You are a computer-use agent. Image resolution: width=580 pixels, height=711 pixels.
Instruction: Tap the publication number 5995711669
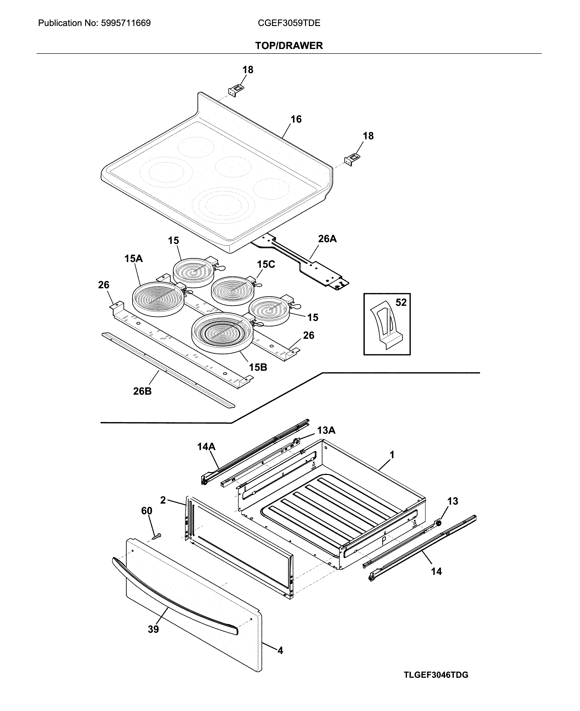(125, 23)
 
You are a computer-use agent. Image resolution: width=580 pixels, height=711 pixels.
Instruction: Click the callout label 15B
(258, 367)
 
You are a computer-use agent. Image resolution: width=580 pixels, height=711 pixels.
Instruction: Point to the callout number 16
(296, 119)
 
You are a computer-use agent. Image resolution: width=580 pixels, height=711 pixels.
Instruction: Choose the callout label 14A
(206, 447)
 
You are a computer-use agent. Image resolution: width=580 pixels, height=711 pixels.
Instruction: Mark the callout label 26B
(142, 391)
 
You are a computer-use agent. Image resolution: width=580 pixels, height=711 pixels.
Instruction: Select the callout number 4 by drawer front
(280, 650)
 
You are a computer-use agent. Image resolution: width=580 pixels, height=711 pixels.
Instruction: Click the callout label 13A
(326, 430)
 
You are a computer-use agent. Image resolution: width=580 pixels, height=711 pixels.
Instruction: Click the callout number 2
(163, 500)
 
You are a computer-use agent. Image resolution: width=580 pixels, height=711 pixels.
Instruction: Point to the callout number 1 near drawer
(392, 455)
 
